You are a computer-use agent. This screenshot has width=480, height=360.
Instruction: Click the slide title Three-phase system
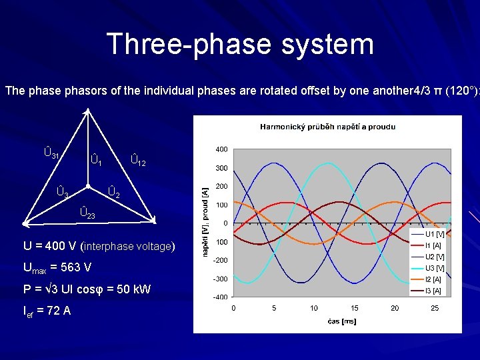click(240, 44)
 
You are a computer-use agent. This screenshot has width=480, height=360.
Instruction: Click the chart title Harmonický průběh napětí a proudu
click(327, 126)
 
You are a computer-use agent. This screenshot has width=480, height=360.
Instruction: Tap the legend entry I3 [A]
click(433, 291)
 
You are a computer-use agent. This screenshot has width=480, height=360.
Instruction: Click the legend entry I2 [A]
click(433, 279)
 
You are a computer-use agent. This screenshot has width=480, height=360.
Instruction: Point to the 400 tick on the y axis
click(221, 149)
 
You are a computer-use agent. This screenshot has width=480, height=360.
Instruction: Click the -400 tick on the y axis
click(220, 297)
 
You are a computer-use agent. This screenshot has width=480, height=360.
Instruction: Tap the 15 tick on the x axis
click(354, 308)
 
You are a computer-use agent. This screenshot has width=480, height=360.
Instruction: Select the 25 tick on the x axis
click(435, 308)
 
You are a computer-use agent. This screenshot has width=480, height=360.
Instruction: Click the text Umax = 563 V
click(57, 267)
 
